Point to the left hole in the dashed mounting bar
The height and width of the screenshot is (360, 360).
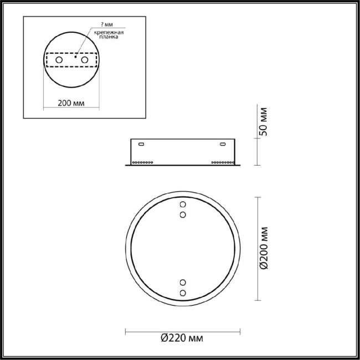point(58,59)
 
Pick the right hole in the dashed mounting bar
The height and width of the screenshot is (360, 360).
point(85,59)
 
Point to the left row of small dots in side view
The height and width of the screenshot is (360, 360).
point(143,162)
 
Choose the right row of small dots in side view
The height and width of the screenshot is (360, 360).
point(222,162)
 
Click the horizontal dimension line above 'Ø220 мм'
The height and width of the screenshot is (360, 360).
point(183,331)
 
